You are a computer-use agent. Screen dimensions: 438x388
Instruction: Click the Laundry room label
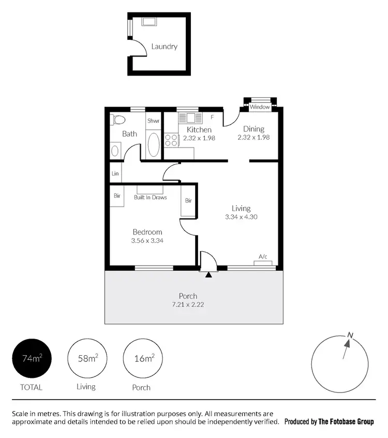[x=164, y=47]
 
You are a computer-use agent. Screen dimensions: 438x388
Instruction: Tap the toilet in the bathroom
[x=118, y=120]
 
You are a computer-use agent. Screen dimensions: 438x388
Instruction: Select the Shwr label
[x=153, y=121]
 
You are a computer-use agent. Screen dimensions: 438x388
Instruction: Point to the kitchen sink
[x=190, y=118]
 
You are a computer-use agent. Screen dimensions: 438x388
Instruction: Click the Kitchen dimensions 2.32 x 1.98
[x=199, y=138]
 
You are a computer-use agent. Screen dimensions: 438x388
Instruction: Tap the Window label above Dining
[x=260, y=107]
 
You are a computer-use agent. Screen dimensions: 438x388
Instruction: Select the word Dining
[x=253, y=129]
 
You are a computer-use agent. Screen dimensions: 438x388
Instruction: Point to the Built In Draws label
[x=150, y=197]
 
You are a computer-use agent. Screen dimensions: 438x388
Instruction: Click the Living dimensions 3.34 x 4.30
[x=241, y=217]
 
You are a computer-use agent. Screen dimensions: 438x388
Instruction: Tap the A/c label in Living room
[x=263, y=257]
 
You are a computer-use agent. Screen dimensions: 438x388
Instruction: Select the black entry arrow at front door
[x=208, y=274]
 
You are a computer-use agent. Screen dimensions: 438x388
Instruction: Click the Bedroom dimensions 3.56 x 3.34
[x=147, y=240]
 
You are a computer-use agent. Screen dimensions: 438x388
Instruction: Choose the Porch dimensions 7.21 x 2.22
[x=188, y=304]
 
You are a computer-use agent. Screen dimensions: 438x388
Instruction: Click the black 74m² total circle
[x=32, y=358]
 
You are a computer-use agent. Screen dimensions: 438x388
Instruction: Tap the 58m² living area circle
[x=86, y=358]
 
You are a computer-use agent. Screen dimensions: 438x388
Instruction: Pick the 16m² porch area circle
[x=142, y=358]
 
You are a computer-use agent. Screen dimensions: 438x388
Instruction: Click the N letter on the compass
[x=350, y=335]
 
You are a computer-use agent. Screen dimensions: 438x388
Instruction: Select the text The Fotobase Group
[x=346, y=422]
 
